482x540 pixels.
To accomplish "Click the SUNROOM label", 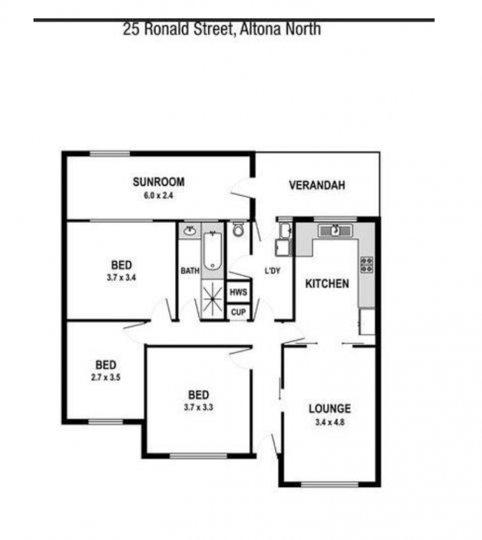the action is tap(158, 182).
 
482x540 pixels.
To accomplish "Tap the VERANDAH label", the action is tap(317, 185).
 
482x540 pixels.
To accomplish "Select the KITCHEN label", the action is tap(327, 284).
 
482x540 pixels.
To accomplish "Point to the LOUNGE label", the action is tap(330, 409).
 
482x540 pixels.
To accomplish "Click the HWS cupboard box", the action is tap(238, 292).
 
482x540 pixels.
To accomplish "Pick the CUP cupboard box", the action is tap(238, 312).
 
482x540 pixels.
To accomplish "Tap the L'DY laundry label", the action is tap(272, 271).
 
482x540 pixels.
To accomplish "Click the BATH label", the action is tap(190, 271).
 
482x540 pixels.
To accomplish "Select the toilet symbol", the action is tap(238, 229).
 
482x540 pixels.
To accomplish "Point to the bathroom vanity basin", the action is tap(189, 230).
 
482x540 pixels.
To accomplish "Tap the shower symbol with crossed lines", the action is tap(213, 299).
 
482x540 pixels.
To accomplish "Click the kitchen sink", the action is tap(336, 230).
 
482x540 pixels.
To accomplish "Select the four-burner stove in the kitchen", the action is tap(367, 265).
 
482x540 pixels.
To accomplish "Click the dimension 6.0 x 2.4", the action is tap(158, 196).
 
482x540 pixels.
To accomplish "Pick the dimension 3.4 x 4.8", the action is tap(330, 422).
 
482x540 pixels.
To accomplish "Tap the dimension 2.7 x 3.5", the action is tap(105, 377).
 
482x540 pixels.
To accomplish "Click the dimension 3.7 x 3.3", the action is tap(198, 407).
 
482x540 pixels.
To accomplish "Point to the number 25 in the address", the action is tap(131, 30).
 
